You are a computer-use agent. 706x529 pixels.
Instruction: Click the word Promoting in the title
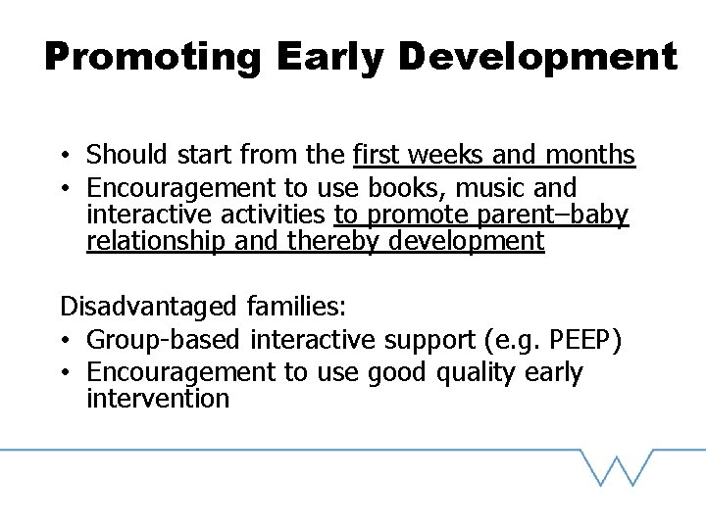click(153, 57)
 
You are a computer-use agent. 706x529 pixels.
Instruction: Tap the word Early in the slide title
click(330, 57)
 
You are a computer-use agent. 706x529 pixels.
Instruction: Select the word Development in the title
click(538, 57)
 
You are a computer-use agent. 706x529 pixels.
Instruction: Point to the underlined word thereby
click(334, 241)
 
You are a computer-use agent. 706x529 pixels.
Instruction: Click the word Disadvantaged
click(148, 307)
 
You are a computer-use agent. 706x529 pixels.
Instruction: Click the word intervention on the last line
click(157, 399)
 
